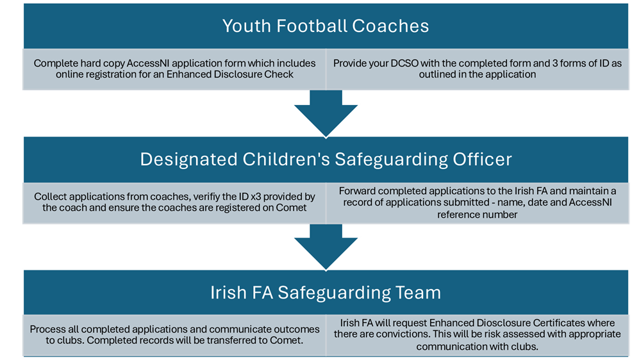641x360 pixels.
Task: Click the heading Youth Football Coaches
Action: pos(326,26)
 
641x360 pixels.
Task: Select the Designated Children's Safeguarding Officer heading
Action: pos(326,160)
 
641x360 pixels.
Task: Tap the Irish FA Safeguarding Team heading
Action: pos(326,293)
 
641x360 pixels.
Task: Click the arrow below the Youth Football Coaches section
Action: pos(326,113)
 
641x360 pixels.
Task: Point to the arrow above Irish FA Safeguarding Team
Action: pos(326,247)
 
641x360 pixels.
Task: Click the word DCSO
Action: pos(404,63)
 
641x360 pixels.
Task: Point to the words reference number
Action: pos(477,215)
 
